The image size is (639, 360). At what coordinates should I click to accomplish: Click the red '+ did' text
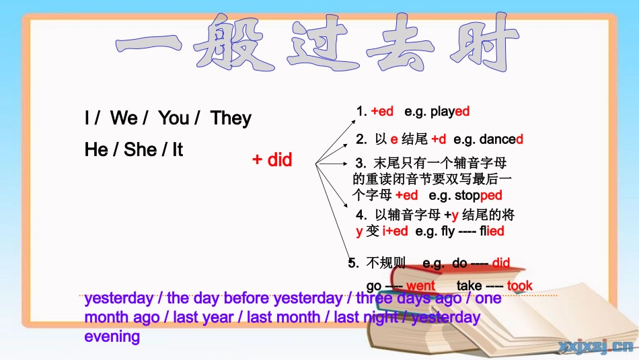click(272, 160)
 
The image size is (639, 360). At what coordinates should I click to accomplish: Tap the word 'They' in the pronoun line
click(231, 118)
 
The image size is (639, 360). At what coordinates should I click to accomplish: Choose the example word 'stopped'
click(478, 195)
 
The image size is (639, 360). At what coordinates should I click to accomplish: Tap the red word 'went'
click(420, 286)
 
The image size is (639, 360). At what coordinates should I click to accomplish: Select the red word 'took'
click(519, 286)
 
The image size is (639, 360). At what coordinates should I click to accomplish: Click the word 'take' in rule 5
click(469, 286)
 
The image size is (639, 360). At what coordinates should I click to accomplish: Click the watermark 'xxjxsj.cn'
click(596, 347)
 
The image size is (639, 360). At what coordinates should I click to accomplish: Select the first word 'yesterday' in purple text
click(119, 298)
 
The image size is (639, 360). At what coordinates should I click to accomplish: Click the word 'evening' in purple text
click(112, 336)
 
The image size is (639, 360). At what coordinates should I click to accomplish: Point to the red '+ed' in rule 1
click(382, 111)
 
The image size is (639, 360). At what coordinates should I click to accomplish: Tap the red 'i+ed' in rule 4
click(395, 231)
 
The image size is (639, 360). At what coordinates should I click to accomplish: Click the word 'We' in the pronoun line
click(124, 118)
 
